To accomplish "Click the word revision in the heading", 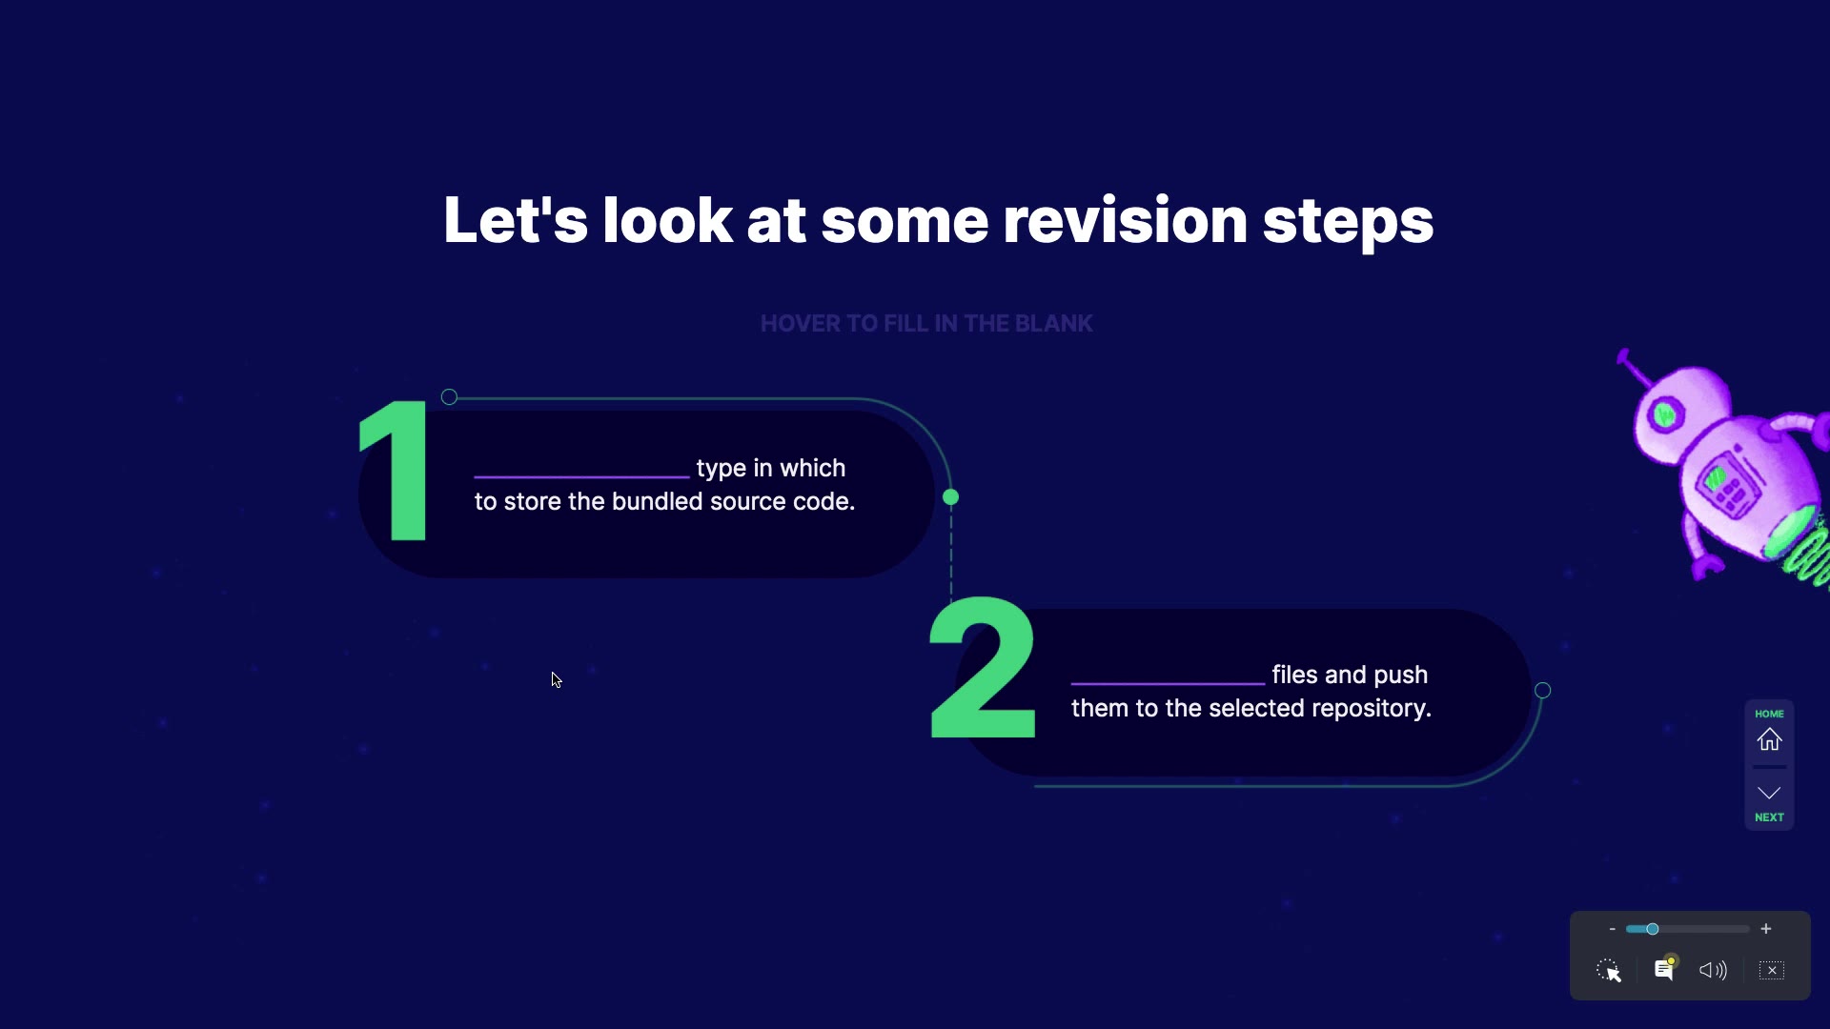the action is [1125, 220].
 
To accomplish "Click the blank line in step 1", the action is [581, 475].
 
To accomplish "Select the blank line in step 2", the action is [1168, 683].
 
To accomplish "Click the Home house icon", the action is [1769, 739].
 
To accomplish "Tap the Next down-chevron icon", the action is [1769, 793].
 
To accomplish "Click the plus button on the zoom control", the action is [1766, 929].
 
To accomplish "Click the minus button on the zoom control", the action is [1612, 929].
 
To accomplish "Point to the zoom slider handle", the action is [1653, 929].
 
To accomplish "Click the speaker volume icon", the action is [1713, 970].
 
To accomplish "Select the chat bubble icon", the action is [1664, 969].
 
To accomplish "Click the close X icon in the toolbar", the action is [1772, 970].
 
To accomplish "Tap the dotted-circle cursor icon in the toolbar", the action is [1609, 970].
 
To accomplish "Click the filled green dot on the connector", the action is [950, 497].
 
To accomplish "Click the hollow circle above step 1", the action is [449, 397].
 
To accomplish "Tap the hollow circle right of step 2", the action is [1543, 691].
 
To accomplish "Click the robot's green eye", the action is [1665, 414].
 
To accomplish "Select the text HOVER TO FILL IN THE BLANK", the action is [926, 324].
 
